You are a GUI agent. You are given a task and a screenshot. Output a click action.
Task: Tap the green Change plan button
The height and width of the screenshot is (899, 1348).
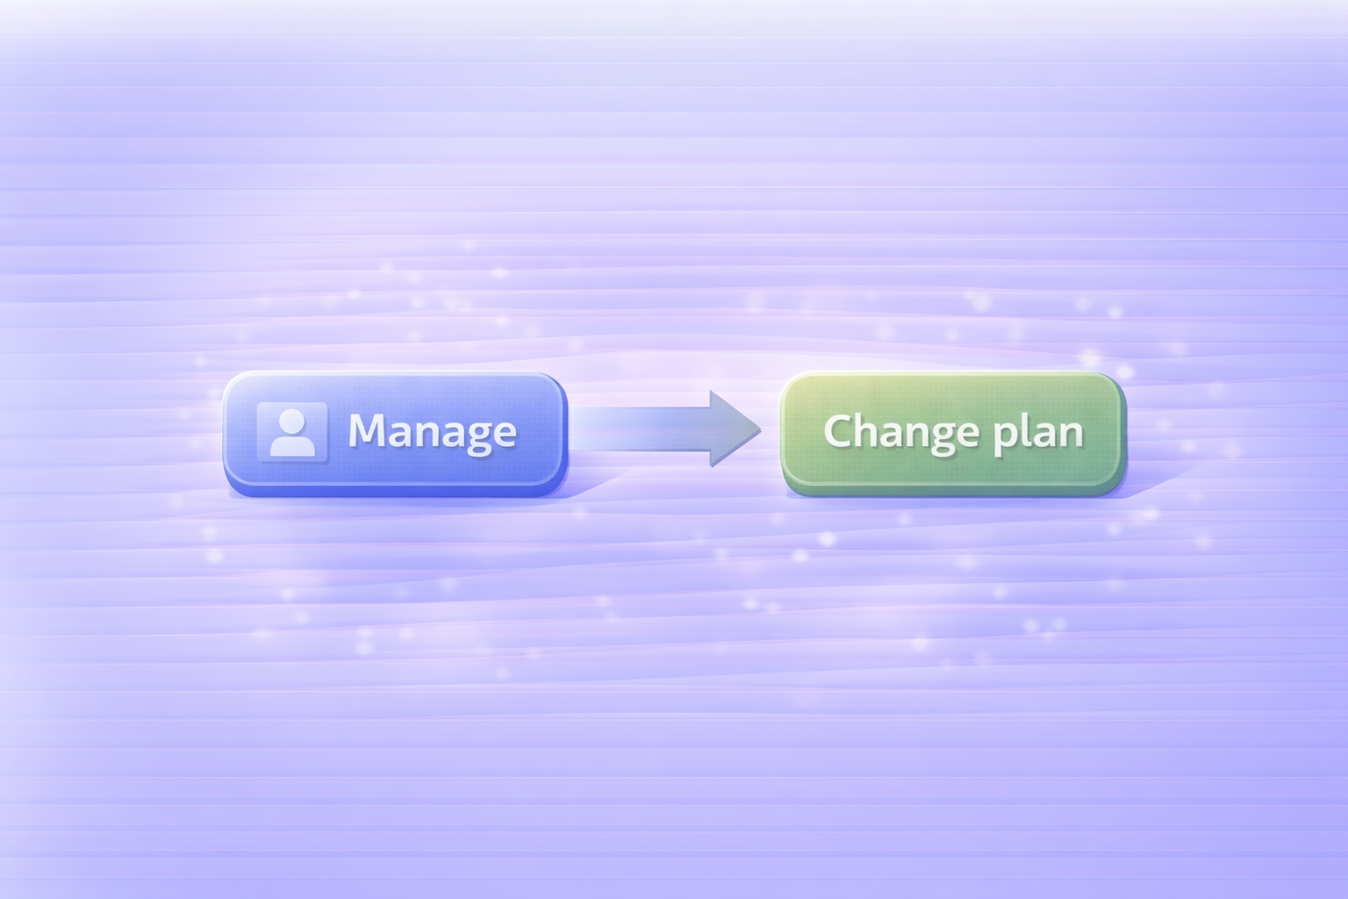pyautogui.click(x=952, y=431)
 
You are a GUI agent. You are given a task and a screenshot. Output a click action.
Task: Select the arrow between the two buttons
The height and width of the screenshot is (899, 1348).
pyautogui.click(x=667, y=429)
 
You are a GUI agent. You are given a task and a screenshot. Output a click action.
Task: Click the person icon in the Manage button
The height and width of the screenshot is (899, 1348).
pyautogui.click(x=292, y=432)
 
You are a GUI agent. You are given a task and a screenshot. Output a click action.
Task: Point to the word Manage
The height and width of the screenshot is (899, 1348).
pyautogui.click(x=432, y=431)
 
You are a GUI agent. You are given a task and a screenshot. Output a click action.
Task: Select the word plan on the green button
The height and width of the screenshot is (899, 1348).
pyautogui.click(x=1038, y=432)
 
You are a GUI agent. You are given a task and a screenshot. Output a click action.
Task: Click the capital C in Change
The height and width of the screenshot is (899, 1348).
pyautogui.click(x=839, y=431)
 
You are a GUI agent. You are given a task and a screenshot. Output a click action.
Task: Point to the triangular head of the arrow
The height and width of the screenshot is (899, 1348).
pyautogui.click(x=733, y=429)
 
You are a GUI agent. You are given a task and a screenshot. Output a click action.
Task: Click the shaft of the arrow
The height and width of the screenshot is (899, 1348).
pyautogui.click(x=641, y=429)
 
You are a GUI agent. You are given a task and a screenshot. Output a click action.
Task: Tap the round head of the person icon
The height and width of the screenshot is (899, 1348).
pyautogui.click(x=291, y=421)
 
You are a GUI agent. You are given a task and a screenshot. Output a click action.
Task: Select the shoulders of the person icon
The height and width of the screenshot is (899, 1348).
pyautogui.click(x=292, y=445)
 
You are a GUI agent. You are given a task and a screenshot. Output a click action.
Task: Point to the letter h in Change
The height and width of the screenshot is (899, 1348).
pyautogui.click(x=868, y=430)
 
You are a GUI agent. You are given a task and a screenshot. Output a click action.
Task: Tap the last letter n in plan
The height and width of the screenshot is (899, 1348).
pyautogui.click(x=1072, y=433)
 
